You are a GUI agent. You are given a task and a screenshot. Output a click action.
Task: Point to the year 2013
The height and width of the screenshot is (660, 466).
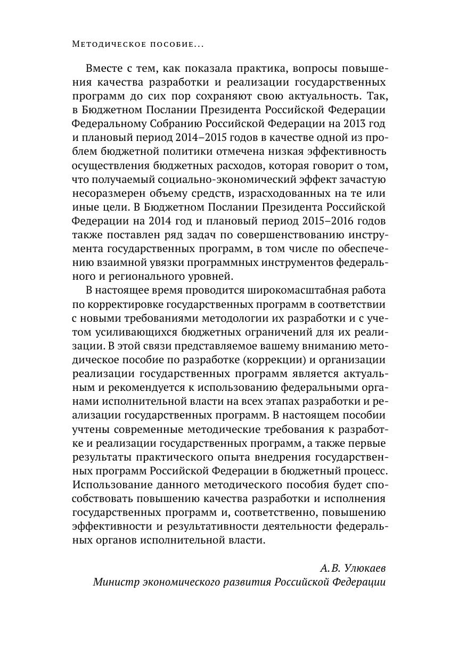point(345,124)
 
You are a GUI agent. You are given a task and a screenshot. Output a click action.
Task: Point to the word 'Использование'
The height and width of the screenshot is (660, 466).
point(110,484)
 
